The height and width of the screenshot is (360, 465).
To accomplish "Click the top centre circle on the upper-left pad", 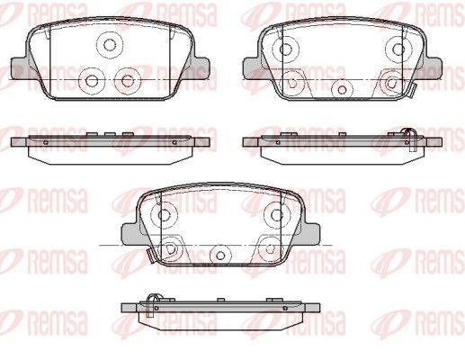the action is pos(110,45).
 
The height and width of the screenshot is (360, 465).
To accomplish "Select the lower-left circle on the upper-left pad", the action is pos(92,80).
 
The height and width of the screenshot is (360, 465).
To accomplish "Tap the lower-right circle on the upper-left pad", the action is pos(128,80).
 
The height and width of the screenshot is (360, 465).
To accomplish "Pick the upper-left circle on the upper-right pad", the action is pos(286,49).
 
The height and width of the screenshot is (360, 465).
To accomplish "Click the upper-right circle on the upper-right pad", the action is pos(398,49).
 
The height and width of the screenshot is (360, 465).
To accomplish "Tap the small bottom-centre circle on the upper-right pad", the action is pos(342,89).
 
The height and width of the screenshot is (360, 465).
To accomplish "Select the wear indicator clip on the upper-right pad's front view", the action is pos(411,91).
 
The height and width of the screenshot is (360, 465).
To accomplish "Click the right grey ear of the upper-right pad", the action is pos(432,68).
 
